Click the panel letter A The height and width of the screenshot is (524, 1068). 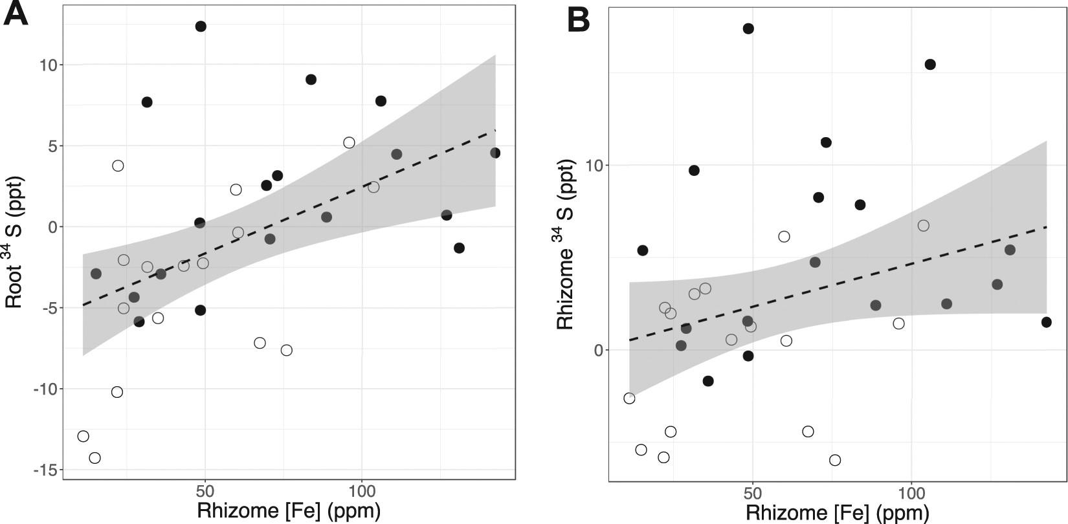click(16, 14)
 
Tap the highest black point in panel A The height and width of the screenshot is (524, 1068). click(201, 27)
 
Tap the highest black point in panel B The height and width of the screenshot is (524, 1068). click(748, 28)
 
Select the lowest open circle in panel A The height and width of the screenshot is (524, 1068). click(95, 458)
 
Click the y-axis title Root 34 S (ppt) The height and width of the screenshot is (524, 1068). click(14, 241)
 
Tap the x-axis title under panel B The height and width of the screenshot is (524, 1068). click(838, 514)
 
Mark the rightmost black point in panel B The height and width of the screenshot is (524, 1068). click(1046, 322)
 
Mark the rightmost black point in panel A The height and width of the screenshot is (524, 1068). click(495, 153)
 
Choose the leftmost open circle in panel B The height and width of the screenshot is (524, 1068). click(629, 398)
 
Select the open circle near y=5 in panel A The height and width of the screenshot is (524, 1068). click(349, 143)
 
